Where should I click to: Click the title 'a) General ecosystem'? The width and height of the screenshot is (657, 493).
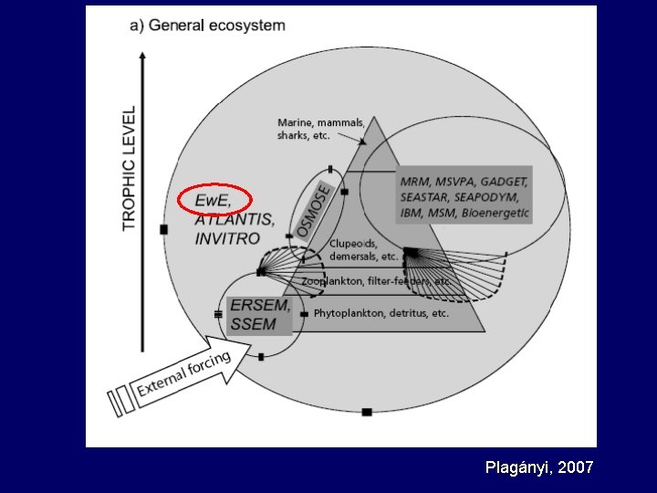208,26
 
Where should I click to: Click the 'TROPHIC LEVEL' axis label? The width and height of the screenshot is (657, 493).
130,168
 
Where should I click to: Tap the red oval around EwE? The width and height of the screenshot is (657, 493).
214,201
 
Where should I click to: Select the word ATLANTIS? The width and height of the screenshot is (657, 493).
234,220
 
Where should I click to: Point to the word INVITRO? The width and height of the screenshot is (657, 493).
227,238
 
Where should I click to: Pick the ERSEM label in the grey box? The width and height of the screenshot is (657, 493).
259,306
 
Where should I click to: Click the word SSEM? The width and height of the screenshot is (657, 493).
254,324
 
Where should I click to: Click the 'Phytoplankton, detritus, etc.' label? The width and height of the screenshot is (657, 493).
381,314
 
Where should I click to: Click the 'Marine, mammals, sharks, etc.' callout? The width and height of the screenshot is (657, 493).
320,129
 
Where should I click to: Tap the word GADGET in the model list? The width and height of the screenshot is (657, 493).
504,181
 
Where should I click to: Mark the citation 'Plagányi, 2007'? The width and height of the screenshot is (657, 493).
539,467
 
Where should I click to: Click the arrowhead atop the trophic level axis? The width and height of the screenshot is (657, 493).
142,56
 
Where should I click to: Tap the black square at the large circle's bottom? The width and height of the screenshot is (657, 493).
366,413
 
